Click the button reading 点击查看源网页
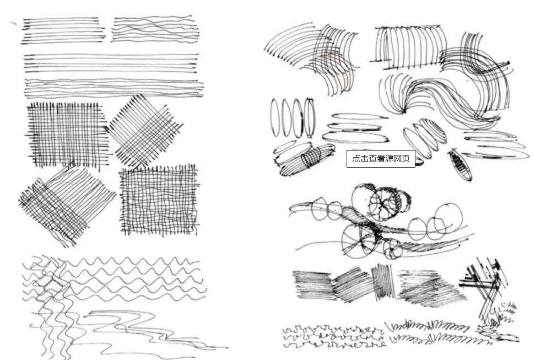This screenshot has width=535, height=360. pos(381,158)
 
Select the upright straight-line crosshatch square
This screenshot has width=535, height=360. pos(68,134)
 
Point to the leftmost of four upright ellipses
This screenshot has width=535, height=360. pos(274,117)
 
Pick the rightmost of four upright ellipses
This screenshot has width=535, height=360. pos(310,118)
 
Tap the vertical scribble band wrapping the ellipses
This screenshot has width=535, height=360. pos(311,157)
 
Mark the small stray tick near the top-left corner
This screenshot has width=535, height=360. pos(13,23)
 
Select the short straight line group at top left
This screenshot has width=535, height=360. pos(63,30)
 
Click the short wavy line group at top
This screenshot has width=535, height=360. pos(155,29)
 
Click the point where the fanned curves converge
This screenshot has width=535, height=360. pos(404,111)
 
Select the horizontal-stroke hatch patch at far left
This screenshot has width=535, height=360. pos(312,285)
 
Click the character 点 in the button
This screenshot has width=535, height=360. pos(356,158)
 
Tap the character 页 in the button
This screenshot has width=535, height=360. pos(406,158)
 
